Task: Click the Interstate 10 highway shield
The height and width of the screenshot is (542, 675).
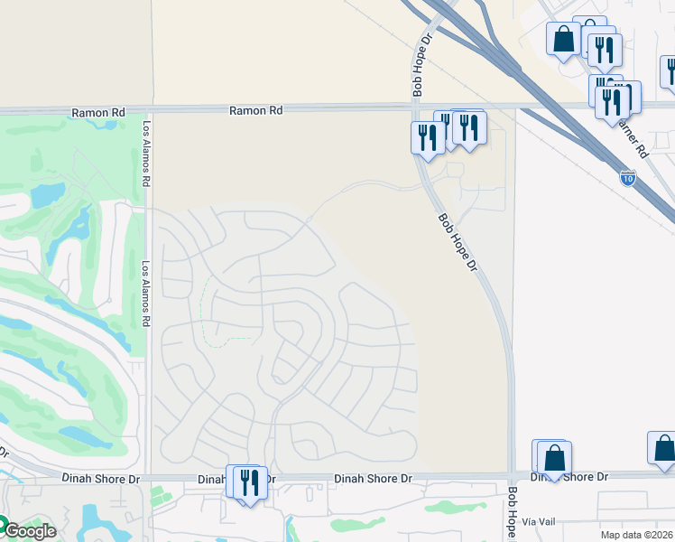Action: pos(627,178)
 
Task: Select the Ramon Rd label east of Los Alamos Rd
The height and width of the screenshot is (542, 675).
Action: pos(255,110)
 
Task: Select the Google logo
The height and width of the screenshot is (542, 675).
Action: pos(27,531)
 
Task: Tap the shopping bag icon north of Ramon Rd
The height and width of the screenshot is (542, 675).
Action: pos(564,40)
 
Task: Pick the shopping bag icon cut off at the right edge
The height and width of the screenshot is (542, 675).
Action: pos(664,448)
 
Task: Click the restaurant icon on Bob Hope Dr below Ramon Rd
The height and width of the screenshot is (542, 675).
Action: pos(427,137)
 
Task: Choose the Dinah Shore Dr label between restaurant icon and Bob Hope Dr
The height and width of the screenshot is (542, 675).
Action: pos(373,478)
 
